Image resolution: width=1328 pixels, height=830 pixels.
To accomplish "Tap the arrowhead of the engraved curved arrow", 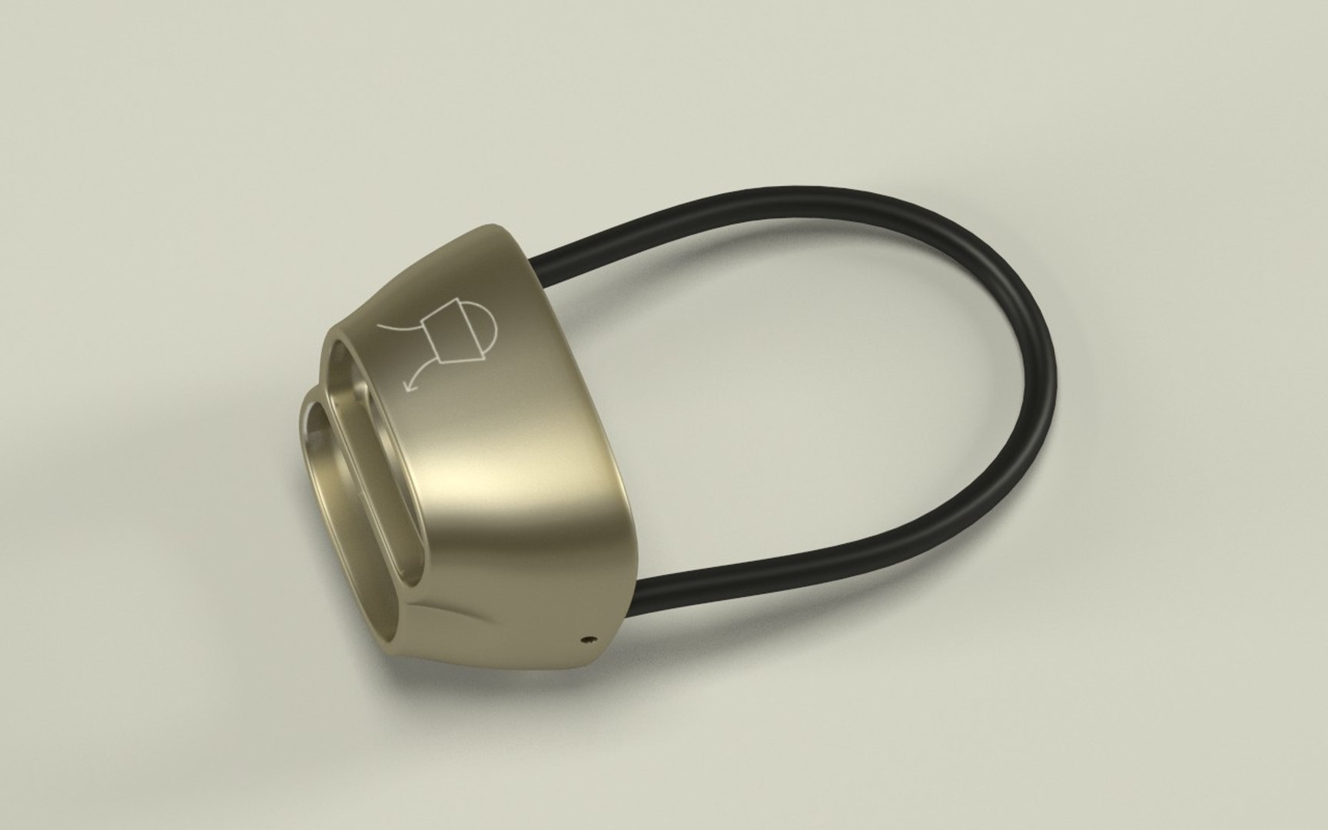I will point(409,387).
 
